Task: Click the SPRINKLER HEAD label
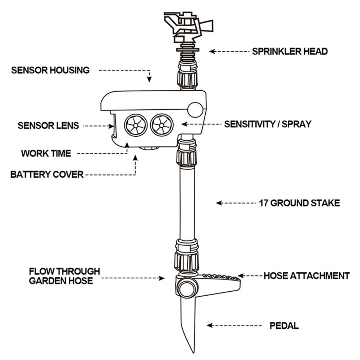coord(290,51)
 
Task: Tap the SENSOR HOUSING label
coord(50,70)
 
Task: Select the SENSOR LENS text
coord(48,126)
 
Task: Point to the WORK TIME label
coord(46,154)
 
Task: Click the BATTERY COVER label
coord(47,175)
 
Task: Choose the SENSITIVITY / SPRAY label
coord(268,124)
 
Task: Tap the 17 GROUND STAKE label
coord(299,203)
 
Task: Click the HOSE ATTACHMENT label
coord(307,276)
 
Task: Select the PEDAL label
coord(284,326)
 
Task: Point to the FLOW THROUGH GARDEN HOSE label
coord(64,275)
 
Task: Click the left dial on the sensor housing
coord(136,125)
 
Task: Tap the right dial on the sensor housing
coord(161,125)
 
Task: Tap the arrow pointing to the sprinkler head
coord(212,51)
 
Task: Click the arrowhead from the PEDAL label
coord(209,325)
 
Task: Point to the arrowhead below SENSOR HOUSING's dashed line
coord(149,79)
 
